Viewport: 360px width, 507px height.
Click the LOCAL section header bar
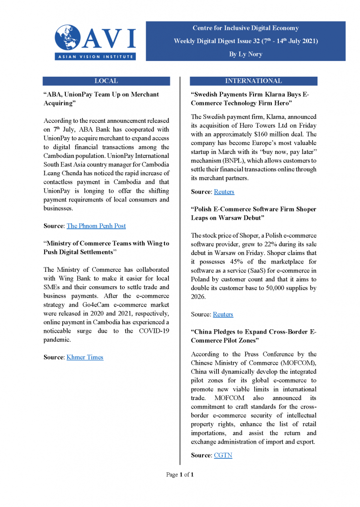tap(106, 81)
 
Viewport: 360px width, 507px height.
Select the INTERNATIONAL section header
tap(253, 81)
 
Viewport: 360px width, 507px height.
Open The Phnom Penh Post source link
tap(96, 226)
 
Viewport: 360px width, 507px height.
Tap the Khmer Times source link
tap(85, 357)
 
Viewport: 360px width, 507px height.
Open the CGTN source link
tap(223, 455)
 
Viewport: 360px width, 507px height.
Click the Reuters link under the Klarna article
tap(224, 192)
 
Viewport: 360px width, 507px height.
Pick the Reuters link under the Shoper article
tap(223, 314)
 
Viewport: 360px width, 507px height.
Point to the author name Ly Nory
tap(246, 54)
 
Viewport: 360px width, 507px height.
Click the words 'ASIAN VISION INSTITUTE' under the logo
tap(94, 56)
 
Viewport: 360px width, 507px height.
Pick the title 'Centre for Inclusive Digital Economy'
tap(246, 28)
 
